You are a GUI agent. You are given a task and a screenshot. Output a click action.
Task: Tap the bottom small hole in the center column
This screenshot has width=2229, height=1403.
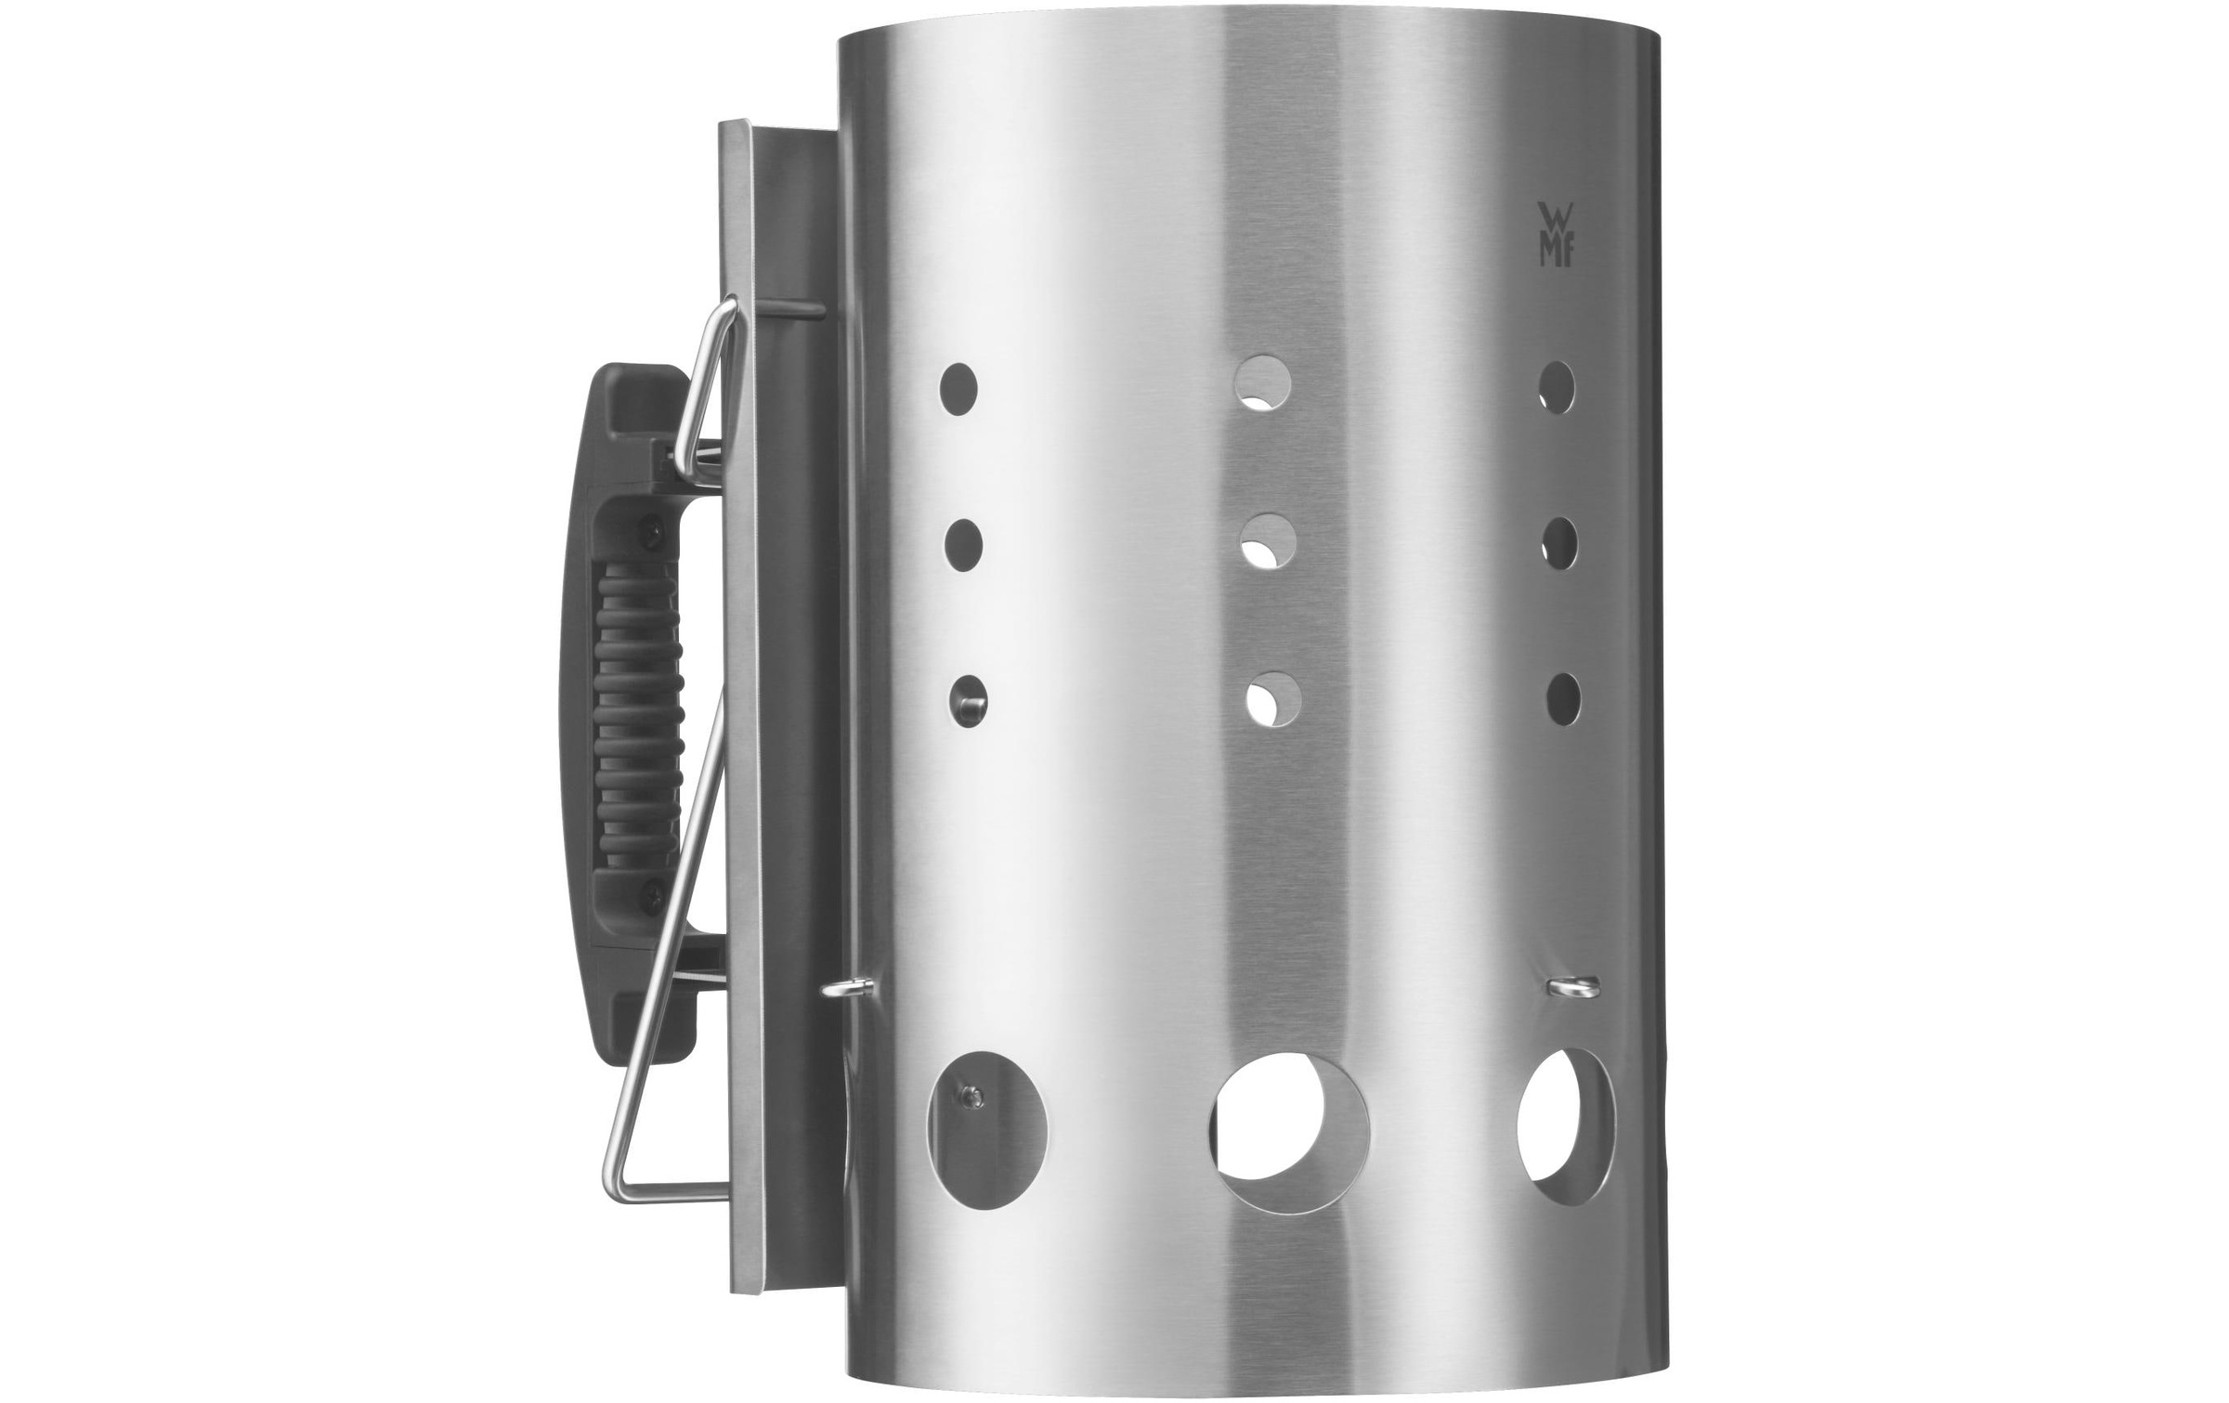(1272, 698)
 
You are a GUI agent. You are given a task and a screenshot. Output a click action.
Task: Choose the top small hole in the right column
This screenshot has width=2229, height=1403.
(1557, 388)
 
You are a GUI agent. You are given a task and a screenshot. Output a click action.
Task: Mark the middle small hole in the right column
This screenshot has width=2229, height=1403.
(1560, 544)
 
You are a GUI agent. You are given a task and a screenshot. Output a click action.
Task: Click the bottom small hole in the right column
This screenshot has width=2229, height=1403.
(1564, 698)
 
